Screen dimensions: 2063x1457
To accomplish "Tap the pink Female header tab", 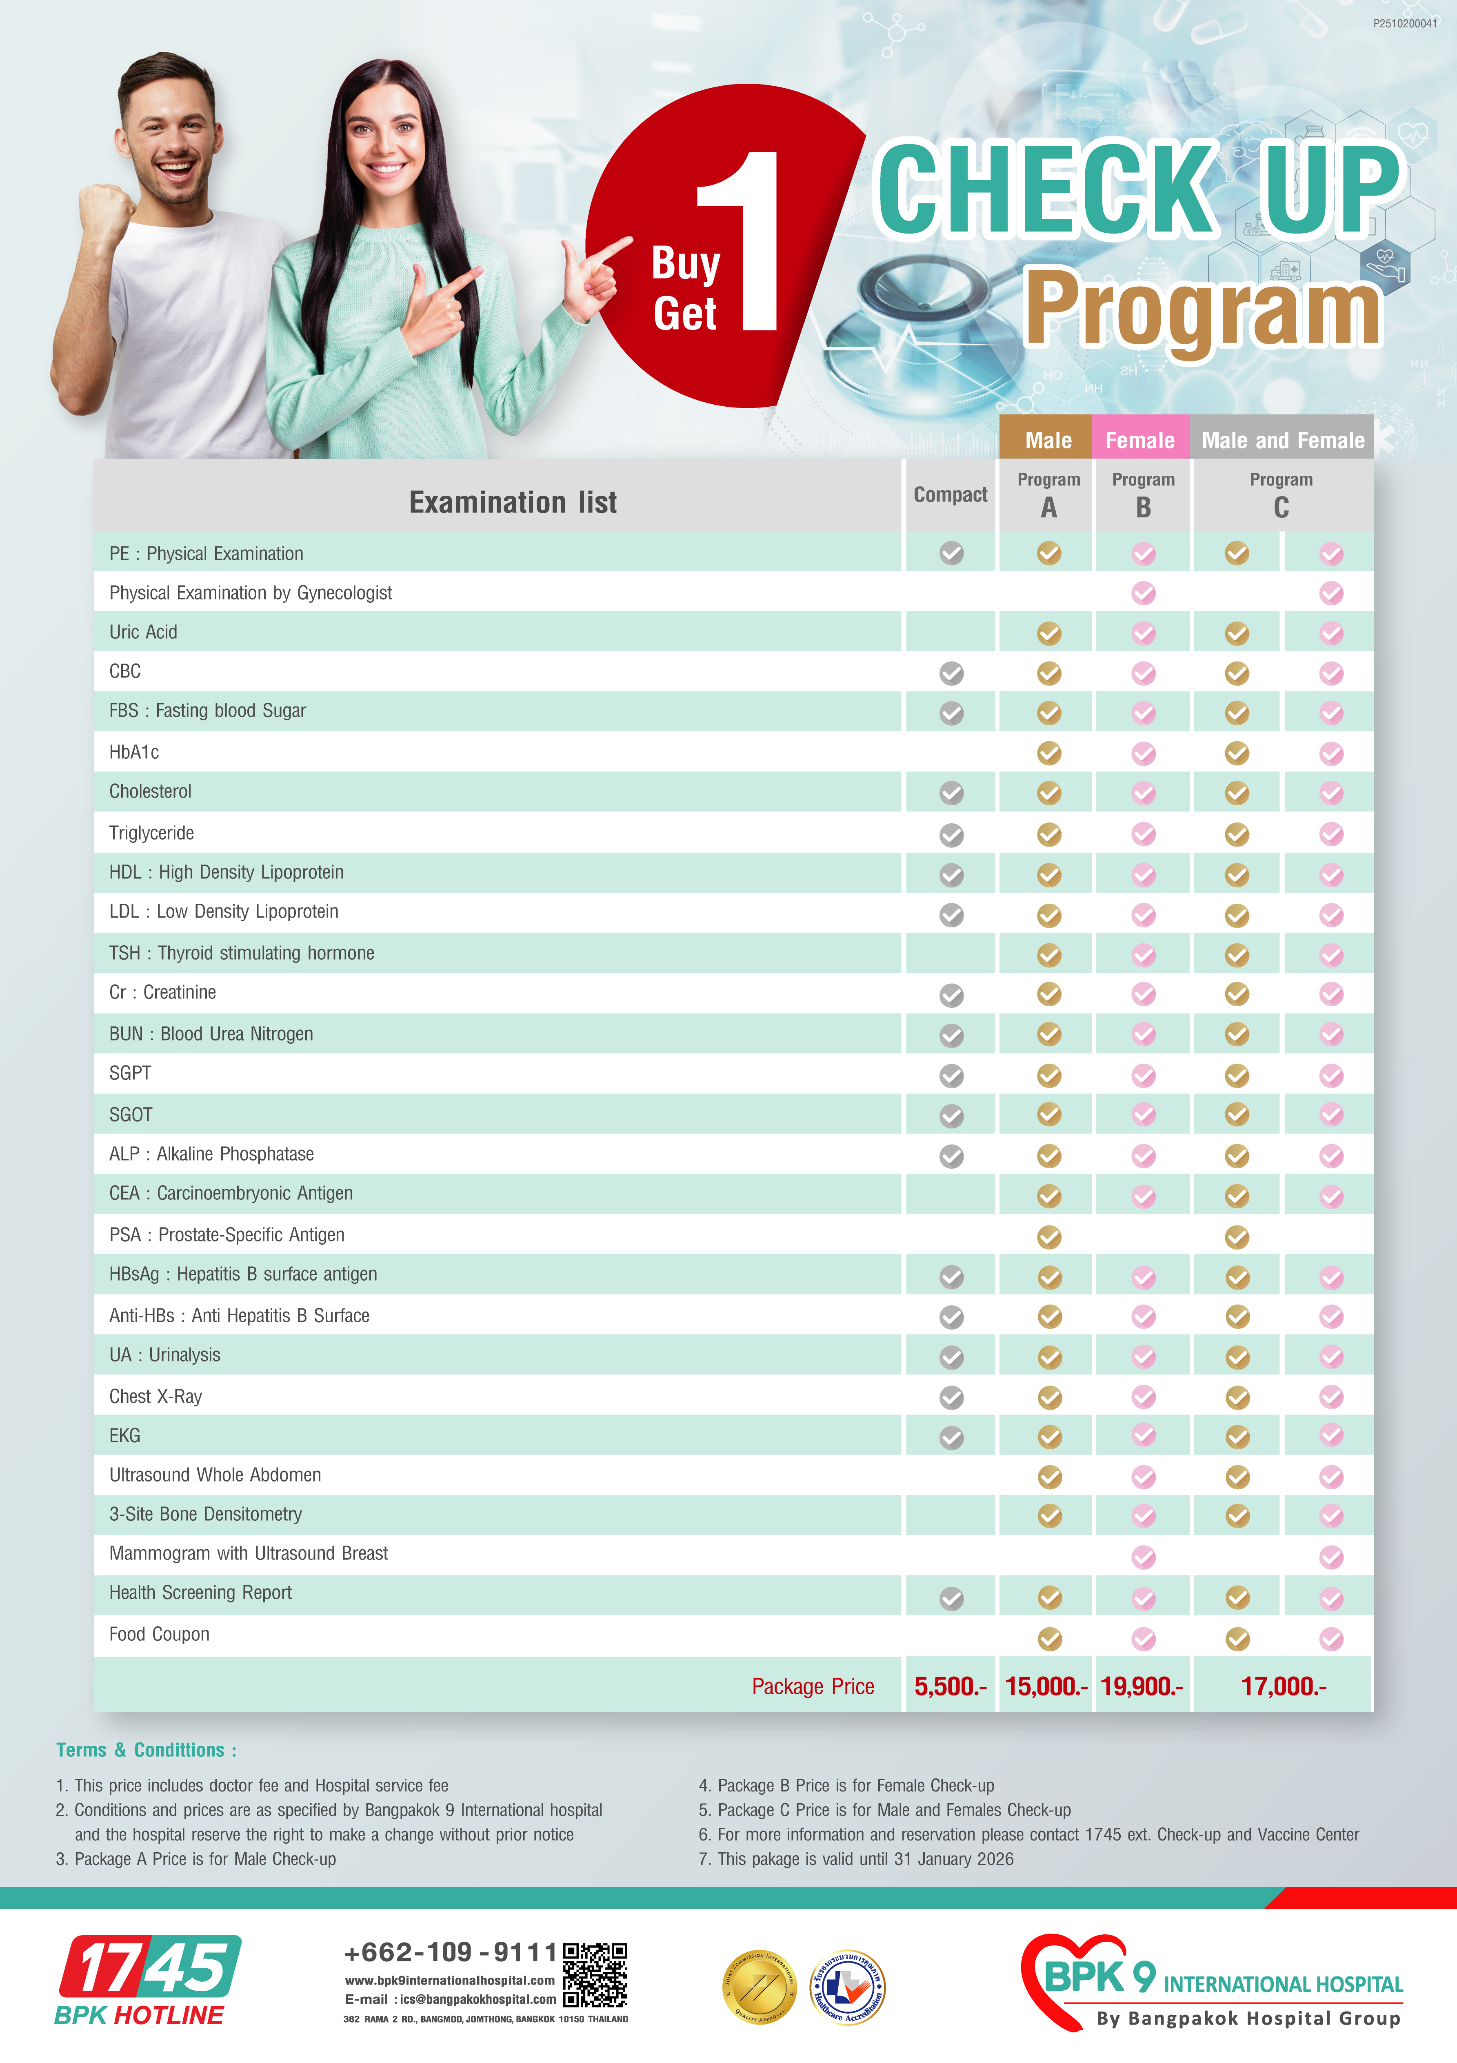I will (1140, 440).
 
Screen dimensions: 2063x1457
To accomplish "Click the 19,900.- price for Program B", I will (1142, 1686).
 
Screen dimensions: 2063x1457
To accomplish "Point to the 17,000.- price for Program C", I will (1283, 1686).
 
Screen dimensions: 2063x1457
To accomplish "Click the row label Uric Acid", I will (144, 633).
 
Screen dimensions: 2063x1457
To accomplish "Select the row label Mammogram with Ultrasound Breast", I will (249, 1553).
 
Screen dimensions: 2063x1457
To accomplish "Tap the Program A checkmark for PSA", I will (1048, 1237).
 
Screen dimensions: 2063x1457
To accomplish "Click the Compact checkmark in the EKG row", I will (951, 1438).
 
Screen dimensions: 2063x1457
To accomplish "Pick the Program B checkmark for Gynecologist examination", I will (1144, 593).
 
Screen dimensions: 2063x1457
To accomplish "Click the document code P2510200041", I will (1404, 23).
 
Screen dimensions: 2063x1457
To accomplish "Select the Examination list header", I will (513, 502).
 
